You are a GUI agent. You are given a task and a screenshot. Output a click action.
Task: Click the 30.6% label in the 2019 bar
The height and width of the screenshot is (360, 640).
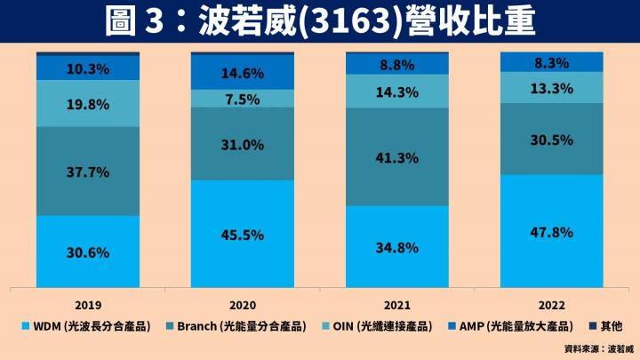click(x=87, y=252)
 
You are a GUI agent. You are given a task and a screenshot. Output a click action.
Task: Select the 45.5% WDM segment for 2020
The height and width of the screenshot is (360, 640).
click(x=242, y=236)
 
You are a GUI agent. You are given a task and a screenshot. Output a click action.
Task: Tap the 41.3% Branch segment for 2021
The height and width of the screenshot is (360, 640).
click(x=396, y=156)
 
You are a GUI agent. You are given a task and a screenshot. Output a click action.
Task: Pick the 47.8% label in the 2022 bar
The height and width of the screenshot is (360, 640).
click(x=551, y=233)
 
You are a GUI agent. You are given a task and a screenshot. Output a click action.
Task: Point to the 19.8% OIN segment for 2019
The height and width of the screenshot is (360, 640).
click(x=87, y=104)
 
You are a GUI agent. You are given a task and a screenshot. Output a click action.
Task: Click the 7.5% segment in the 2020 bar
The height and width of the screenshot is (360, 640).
click(x=242, y=99)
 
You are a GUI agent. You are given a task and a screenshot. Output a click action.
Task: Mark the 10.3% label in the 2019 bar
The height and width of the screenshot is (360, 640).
click(x=87, y=68)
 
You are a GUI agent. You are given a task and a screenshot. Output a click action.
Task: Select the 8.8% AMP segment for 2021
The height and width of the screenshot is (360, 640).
click(x=396, y=64)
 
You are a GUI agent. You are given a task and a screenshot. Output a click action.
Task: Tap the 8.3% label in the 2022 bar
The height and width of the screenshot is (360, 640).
click(x=551, y=63)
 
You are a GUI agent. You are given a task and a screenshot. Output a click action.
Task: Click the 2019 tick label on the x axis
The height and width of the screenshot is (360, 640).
click(x=87, y=300)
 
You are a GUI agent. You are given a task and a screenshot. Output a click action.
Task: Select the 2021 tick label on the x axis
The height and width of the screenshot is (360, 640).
click(x=396, y=300)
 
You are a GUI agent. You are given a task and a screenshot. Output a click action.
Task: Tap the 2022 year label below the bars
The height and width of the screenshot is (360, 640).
click(x=551, y=300)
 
